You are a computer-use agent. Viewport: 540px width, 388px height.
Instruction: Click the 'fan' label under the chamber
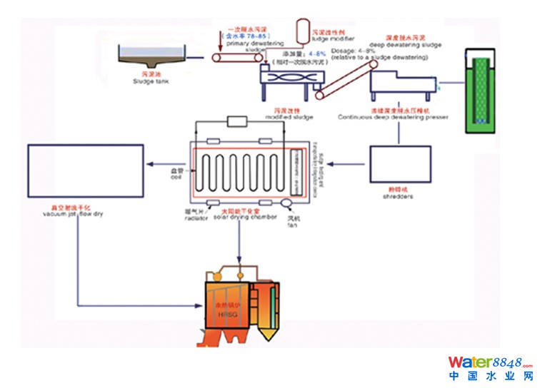coord(291,226)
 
